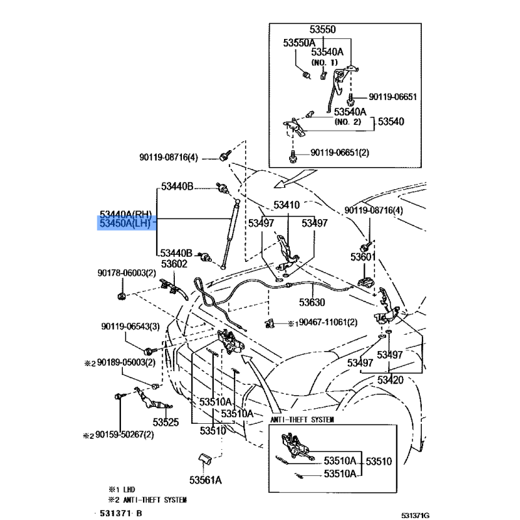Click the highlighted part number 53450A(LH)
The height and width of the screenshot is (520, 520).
pyautogui.click(x=125, y=223)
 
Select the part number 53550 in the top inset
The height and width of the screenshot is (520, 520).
pyautogui.click(x=322, y=29)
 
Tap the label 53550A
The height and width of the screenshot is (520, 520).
pyautogui.click(x=299, y=43)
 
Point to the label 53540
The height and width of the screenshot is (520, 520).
pyautogui.click(x=391, y=122)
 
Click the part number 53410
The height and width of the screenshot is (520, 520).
pyautogui.click(x=287, y=205)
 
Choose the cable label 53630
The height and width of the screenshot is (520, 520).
pyautogui.click(x=312, y=302)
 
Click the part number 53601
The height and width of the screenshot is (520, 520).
pyautogui.click(x=363, y=257)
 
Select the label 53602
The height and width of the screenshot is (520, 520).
pyautogui.click(x=174, y=264)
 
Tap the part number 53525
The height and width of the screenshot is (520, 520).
pyautogui.click(x=166, y=422)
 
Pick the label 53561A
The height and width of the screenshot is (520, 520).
pyautogui.click(x=205, y=480)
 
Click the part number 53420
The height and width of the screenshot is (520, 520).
pyautogui.click(x=391, y=380)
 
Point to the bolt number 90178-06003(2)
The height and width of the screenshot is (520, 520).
pyautogui.click(x=127, y=273)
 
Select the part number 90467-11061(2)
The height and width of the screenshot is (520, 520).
pyautogui.click(x=328, y=322)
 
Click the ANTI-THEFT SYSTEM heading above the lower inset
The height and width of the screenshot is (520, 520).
pyautogui.click(x=302, y=419)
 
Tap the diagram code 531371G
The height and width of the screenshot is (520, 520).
pyautogui.click(x=415, y=515)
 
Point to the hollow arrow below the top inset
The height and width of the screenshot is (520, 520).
pyautogui.click(x=294, y=178)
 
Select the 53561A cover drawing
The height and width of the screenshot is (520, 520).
pyautogui.click(x=205, y=460)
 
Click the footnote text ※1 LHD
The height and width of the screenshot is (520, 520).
pyautogui.click(x=122, y=489)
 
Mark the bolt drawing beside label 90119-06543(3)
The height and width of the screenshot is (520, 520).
pyautogui.click(x=151, y=350)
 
